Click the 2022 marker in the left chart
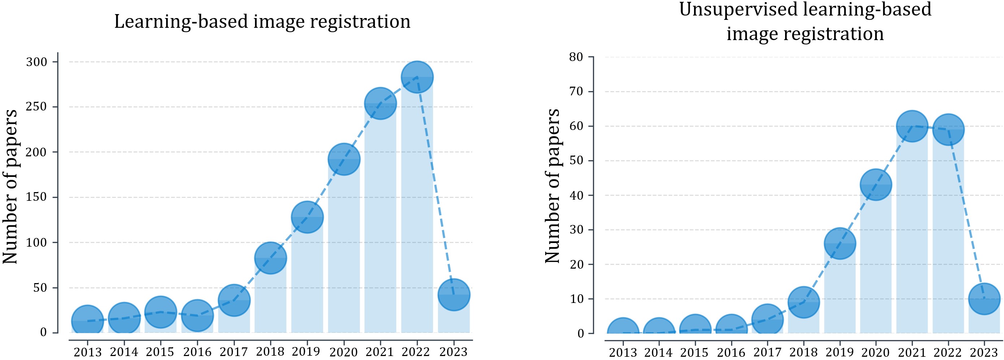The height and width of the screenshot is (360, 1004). point(417,77)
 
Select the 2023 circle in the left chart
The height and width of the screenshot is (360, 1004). point(454,295)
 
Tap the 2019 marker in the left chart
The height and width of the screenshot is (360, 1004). point(307,217)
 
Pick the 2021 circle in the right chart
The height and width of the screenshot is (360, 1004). point(912,126)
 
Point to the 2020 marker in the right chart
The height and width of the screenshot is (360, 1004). point(876,185)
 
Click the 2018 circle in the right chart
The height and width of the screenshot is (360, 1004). point(803,302)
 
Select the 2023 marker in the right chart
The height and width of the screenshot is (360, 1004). point(984,299)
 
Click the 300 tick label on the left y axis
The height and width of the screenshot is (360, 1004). point(36,62)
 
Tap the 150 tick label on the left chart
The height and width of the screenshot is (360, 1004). point(36,197)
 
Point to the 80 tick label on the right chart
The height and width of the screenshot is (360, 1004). point(576,57)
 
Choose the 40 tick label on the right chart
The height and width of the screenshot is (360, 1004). point(576,195)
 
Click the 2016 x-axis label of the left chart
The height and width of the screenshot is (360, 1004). point(197,352)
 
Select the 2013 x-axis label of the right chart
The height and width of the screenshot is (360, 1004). point(623,352)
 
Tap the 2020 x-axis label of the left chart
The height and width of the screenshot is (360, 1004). point(343,352)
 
